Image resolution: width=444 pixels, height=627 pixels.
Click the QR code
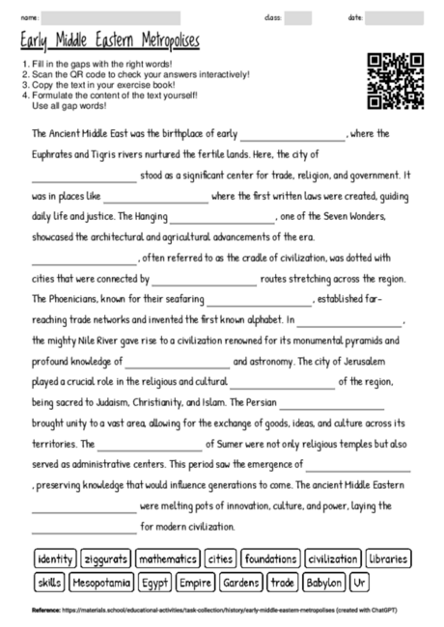(x=397, y=82)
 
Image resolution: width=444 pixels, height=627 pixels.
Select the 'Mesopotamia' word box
(x=100, y=582)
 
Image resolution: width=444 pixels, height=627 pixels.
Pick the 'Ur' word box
(x=359, y=582)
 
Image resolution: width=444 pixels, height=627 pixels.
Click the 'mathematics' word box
(x=166, y=559)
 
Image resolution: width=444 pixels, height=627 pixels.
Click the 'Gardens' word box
(x=240, y=582)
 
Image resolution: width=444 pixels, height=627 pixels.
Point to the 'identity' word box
(x=55, y=559)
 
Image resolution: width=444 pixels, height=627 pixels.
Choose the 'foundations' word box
(x=270, y=559)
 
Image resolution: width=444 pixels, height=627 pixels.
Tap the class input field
(x=298, y=17)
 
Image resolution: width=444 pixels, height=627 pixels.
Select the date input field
(x=394, y=17)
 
